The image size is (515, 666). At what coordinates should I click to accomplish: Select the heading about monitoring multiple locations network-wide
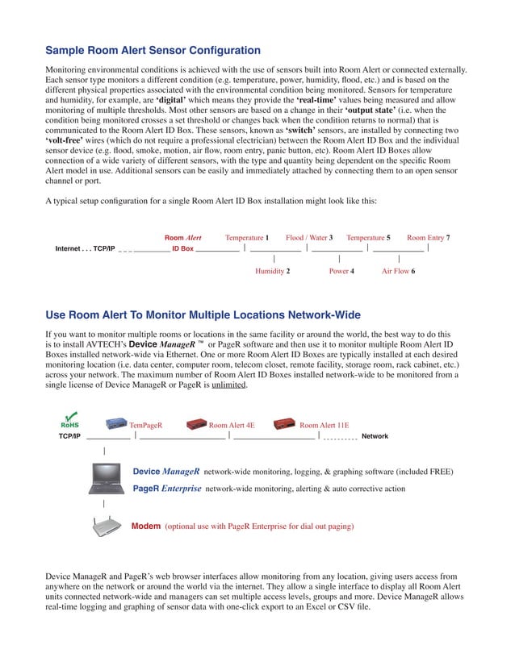[x=203, y=314]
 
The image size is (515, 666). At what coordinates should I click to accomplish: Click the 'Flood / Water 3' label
[x=309, y=238]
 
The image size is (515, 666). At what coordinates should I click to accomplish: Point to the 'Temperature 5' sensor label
[x=368, y=238]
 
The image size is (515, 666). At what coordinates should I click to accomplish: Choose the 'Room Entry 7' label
[x=428, y=238]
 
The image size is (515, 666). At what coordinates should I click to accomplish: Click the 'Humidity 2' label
[x=272, y=272]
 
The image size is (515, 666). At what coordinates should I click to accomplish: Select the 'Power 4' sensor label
[x=341, y=272]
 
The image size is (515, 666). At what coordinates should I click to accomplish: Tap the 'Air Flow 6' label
[x=398, y=272]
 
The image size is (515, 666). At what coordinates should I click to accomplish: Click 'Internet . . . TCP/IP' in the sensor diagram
[x=85, y=249]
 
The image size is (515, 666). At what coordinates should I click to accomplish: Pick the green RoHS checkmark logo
[x=69, y=419]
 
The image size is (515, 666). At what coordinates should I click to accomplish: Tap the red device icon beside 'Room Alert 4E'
[x=196, y=423]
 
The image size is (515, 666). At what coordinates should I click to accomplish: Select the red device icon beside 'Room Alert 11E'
[x=284, y=423]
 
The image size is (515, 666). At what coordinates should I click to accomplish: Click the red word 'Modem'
[x=146, y=527]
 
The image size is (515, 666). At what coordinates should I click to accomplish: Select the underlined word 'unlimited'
[x=230, y=385]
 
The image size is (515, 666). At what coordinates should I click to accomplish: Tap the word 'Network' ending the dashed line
[x=375, y=436]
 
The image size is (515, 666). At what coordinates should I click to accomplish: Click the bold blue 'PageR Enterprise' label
[x=166, y=489]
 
